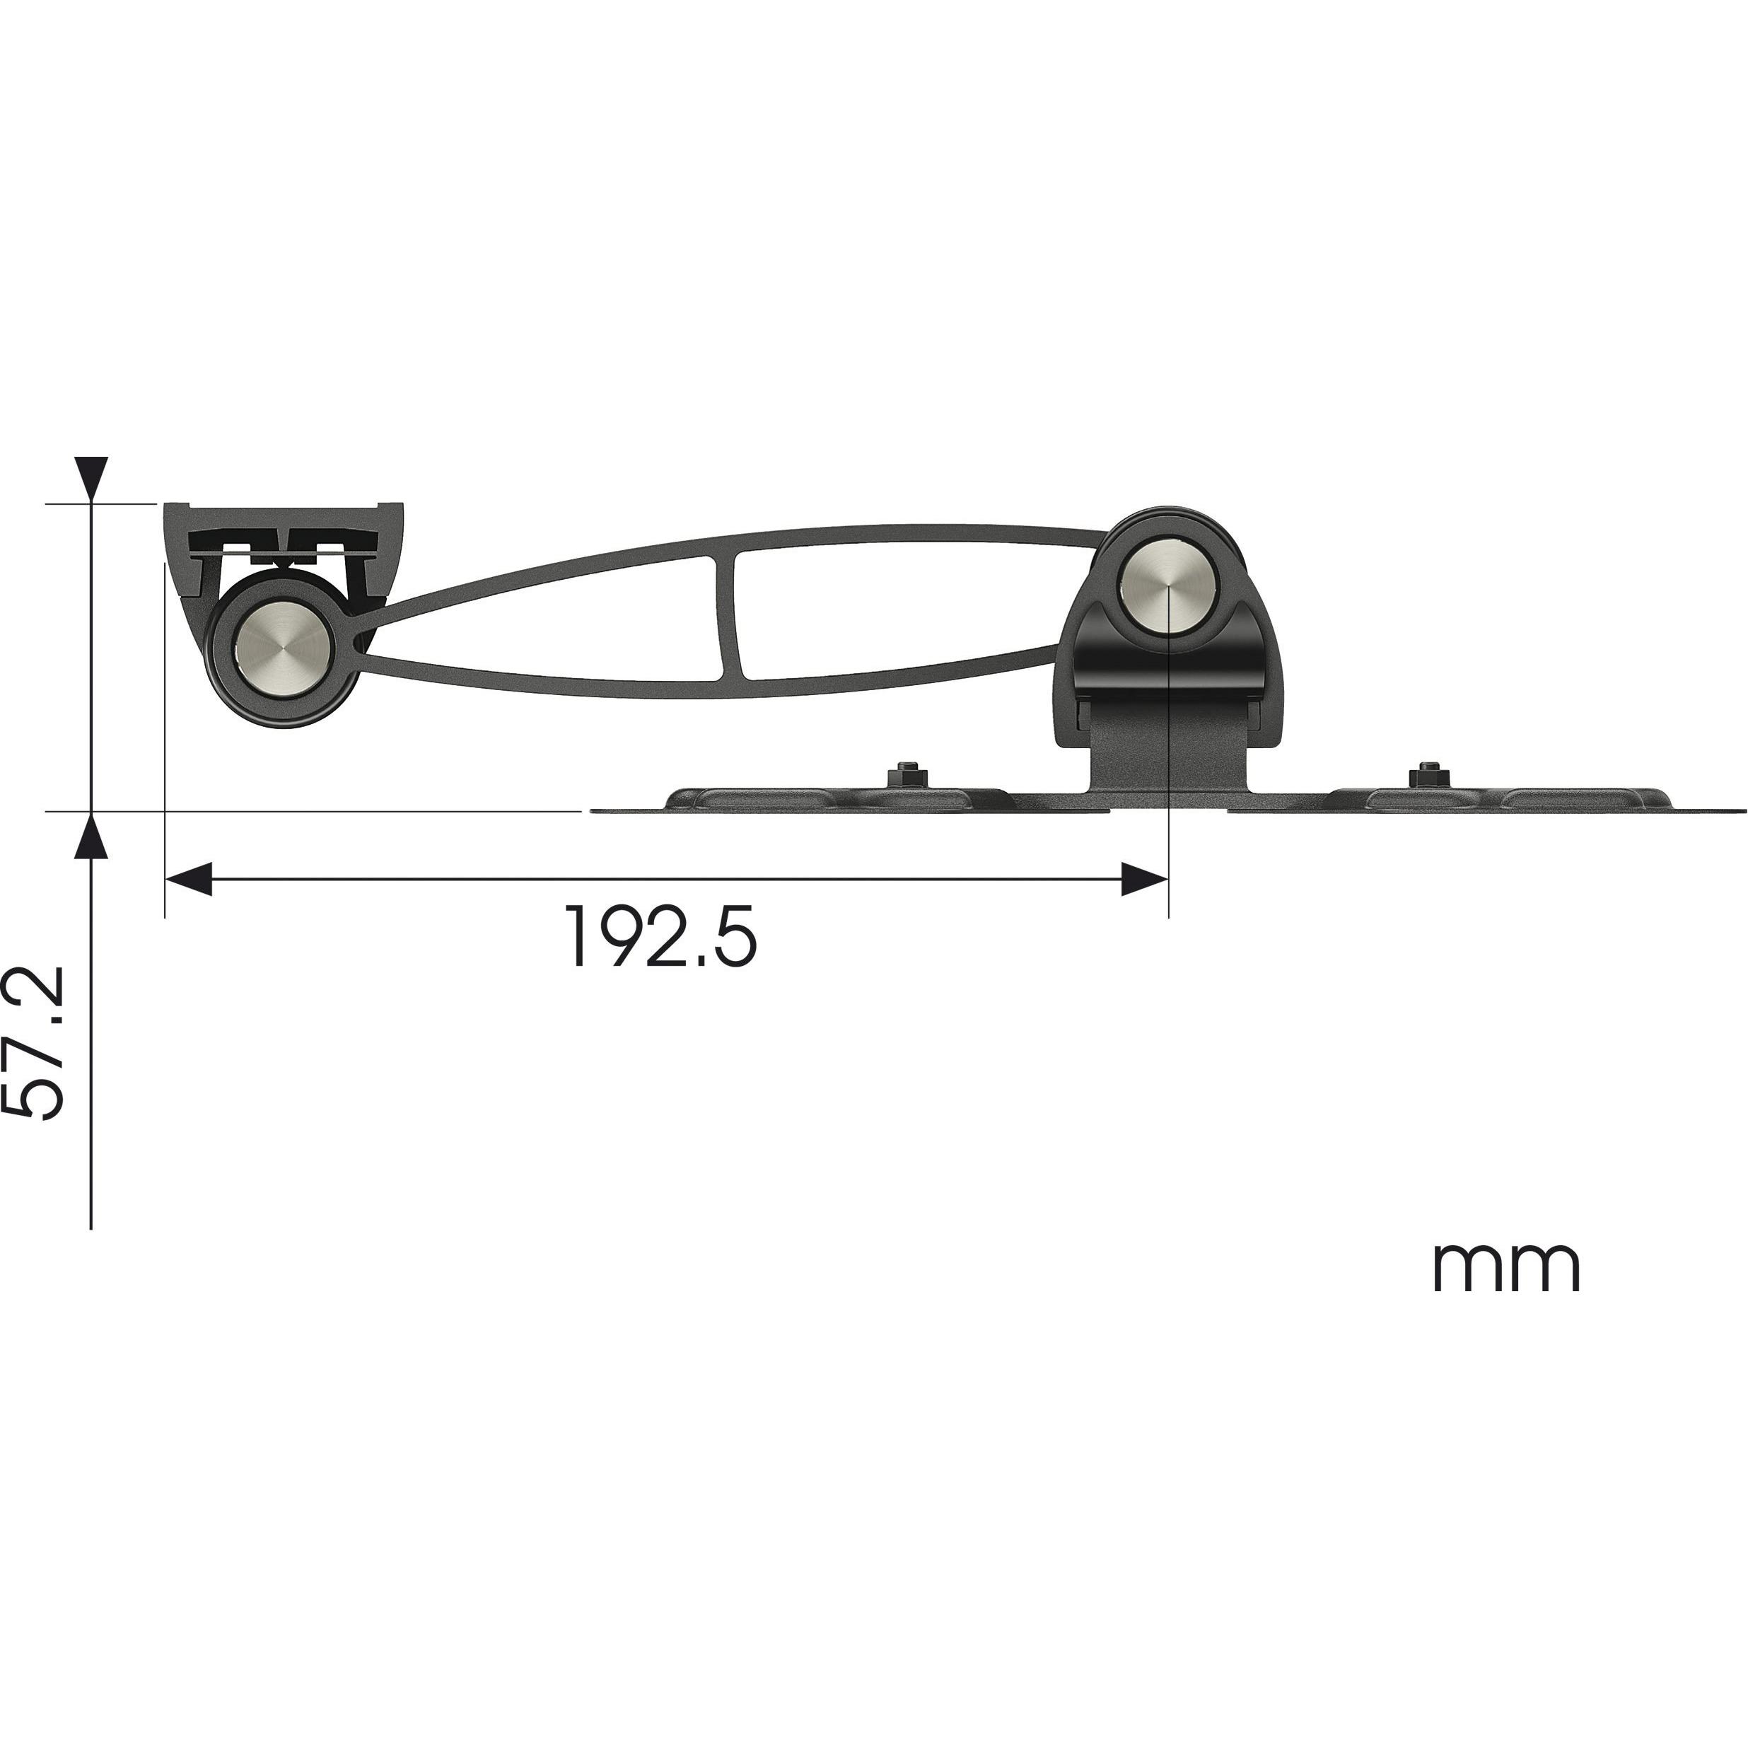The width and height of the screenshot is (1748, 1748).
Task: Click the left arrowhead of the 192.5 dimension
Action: click(188, 878)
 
